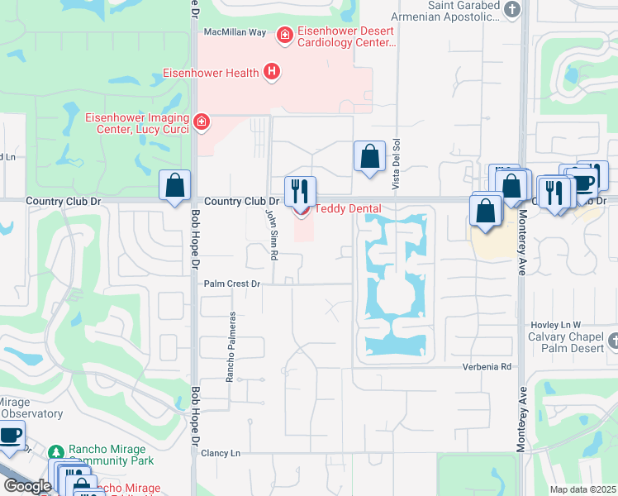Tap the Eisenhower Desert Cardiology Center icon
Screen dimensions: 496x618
pyautogui.click(x=285, y=35)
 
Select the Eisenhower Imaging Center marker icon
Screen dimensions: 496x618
pyautogui.click(x=201, y=123)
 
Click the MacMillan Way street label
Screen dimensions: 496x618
pyautogui.click(x=235, y=32)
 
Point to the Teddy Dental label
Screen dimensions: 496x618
pyautogui.click(x=346, y=209)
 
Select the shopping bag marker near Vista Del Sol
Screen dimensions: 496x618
pyautogui.click(x=369, y=157)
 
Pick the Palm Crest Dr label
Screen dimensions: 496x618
pyautogui.click(x=232, y=284)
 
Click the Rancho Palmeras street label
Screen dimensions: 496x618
pyautogui.click(x=232, y=346)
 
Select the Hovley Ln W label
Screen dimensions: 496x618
pyautogui.click(x=555, y=325)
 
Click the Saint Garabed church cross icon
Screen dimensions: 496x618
pyautogui.click(x=513, y=10)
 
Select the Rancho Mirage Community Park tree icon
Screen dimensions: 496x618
pyautogui.click(x=56, y=452)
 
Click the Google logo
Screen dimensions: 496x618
pyautogui.click(x=27, y=486)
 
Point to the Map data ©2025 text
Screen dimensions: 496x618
pyautogui.click(x=583, y=489)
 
